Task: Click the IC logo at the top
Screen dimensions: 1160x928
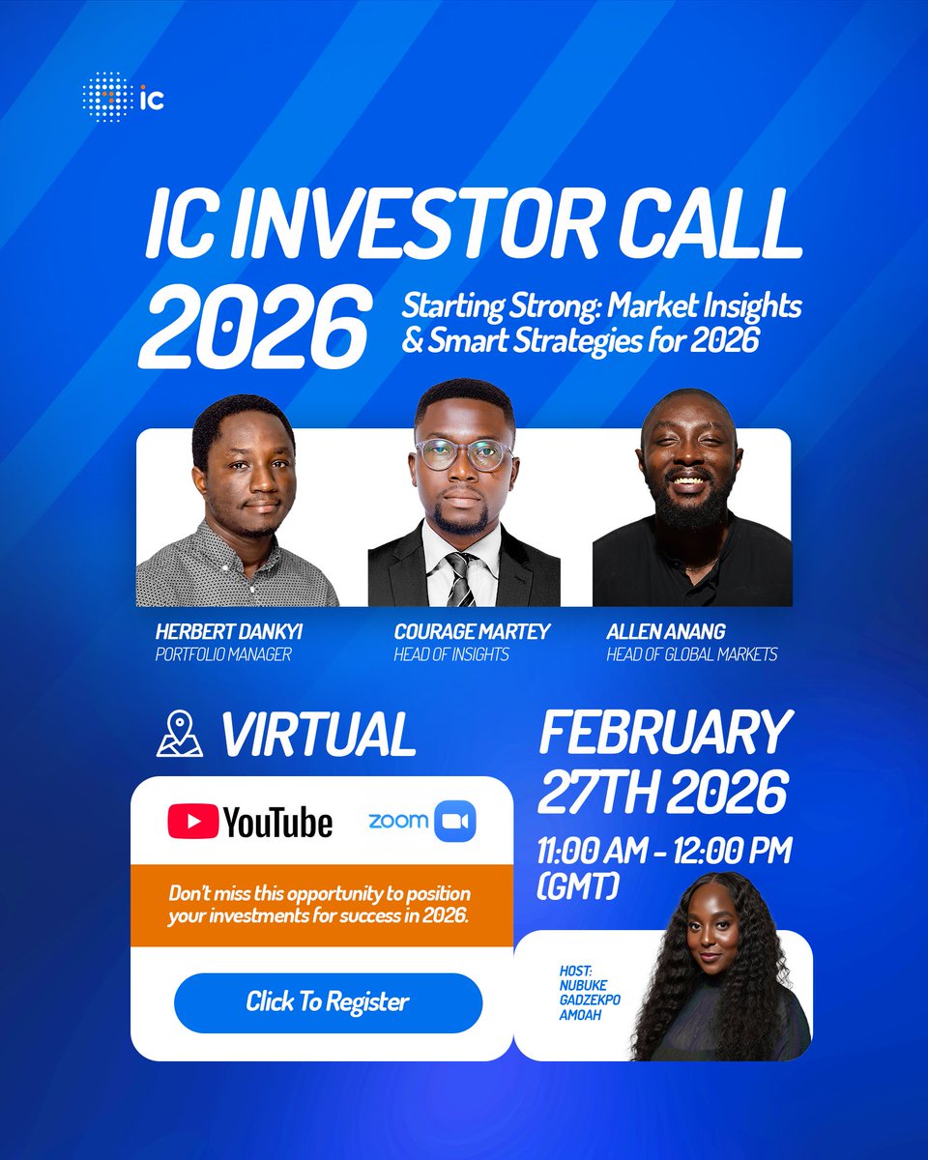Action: (x=123, y=97)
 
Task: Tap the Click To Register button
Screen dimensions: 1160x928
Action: (x=328, y=1002)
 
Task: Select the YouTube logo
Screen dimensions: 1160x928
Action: (x=250, y=823)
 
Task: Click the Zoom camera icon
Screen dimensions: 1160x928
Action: (x=453, y=822)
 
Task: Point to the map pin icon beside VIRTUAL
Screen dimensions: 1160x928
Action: (x=179, y=735)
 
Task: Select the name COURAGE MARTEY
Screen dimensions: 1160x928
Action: (x=472, y=632)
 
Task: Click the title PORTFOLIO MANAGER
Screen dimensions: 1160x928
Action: (x=223, y=655)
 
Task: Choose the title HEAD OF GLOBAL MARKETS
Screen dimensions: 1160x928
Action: (x=691, y=655)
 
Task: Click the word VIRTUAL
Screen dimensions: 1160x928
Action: (x=318, y=735)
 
